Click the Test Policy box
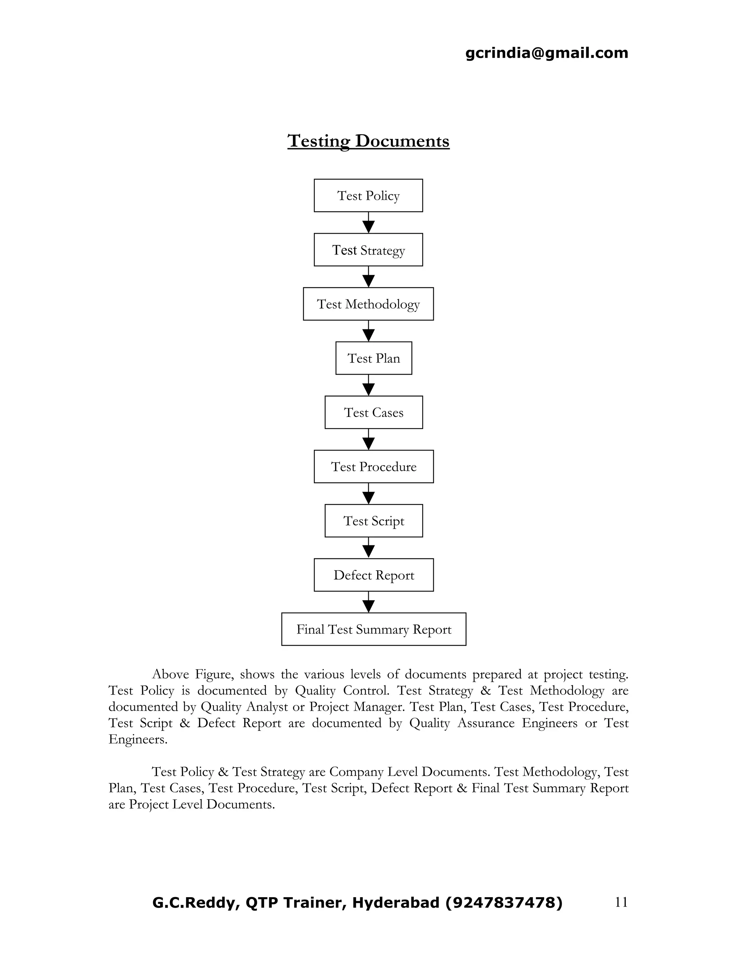point(368,195)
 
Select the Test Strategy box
point(368,249)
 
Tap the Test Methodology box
point(368,303)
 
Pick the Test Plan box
point(373,358)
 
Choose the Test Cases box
point(373,412)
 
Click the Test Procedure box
point(373,466)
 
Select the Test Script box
point(373,520)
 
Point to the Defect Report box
point(373,575)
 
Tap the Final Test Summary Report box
point(373,629)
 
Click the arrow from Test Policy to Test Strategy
point(368,223)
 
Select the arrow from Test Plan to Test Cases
point(368,386)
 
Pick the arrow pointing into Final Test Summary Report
point(368,603)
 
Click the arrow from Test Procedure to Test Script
point(368,494)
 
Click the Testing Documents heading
point(368,141)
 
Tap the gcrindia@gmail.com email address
point(547,53)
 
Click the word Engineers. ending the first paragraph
point(138,739)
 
